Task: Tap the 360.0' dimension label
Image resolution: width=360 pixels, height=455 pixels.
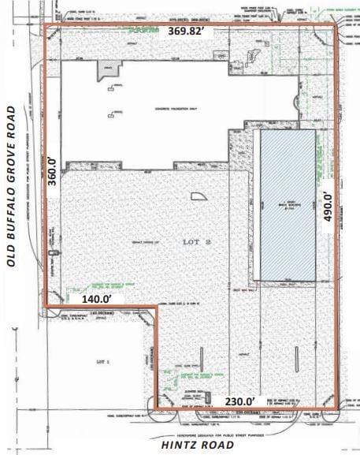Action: (53, 170)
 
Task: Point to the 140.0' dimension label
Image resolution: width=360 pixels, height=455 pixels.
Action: (98, 300)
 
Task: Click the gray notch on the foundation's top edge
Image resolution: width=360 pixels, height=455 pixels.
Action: (106, 70)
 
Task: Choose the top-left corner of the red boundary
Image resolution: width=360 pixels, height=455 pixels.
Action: (43, 25)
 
